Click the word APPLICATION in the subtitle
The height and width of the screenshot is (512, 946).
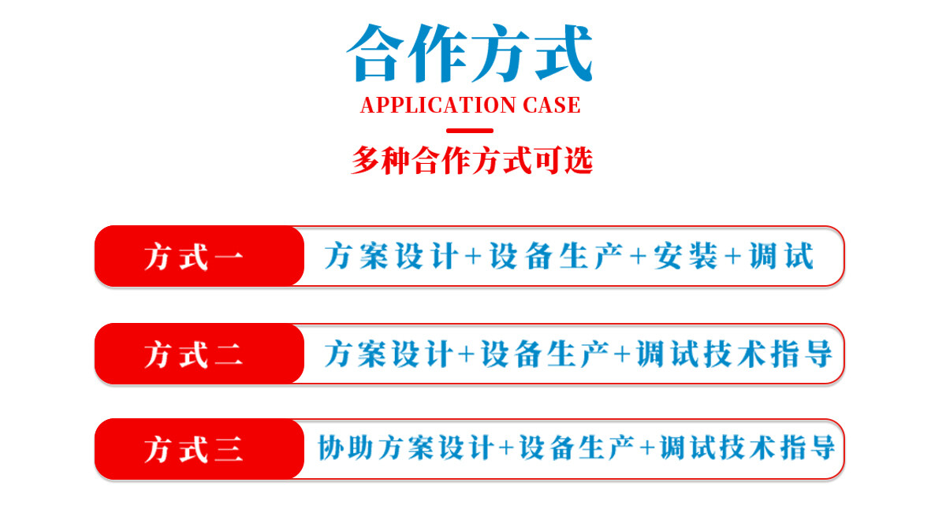(x=438, y=105)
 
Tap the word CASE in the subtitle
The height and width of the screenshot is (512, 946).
(x=552, y=105)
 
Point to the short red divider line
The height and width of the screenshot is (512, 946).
(x=470, y=131)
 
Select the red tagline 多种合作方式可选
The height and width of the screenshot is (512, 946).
(x=471, y=161)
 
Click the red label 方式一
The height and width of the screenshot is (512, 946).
(x=194, y=257)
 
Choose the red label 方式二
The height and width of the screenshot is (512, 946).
(x=194, y=354)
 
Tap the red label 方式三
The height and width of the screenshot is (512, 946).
(x=194, y=450)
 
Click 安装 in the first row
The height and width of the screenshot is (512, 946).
(x=686, y=256)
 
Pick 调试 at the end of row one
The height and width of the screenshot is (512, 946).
(x=781, y=256)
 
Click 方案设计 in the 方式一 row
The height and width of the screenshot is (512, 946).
(x=392, y=256)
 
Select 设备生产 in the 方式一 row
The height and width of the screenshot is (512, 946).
(x=557, y=256)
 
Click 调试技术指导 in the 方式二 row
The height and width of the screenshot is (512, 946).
(x=735, y=354)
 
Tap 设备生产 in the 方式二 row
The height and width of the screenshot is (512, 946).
(x=545, y=354)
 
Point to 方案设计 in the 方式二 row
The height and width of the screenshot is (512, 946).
(x=389, y=354)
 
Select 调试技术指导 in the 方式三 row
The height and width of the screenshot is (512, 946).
(x=747, y=447)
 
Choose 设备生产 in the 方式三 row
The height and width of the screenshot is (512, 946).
(x=576, y=447)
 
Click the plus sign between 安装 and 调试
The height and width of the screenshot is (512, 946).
(x=733, y=256)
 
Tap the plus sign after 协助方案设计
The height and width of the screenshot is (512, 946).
(x=506, y=448)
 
